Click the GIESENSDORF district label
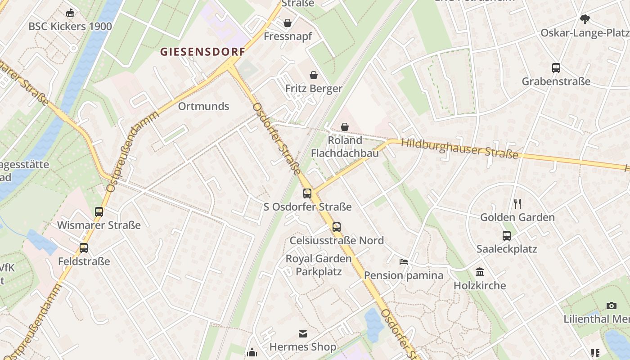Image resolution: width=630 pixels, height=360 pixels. point(203,52)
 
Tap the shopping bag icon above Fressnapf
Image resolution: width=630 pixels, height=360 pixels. point(288,23)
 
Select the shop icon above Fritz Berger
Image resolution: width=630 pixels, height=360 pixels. point(314,75)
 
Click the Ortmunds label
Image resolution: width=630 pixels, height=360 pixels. point(203,106)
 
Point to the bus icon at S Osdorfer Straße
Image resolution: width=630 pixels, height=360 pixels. point(307,193)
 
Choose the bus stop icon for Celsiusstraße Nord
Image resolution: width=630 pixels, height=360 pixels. point(337,227)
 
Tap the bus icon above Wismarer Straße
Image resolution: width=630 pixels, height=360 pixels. point(99,211)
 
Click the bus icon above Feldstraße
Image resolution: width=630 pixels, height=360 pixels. point(84,248)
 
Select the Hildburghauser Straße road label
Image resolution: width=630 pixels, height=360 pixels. point(459,148)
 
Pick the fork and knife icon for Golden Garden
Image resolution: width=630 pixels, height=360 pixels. point(517,204)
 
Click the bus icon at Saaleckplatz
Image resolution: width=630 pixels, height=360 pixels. point(507,235)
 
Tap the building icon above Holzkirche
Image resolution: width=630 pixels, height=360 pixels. point(480,272)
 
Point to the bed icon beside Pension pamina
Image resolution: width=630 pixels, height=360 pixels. point(404,262)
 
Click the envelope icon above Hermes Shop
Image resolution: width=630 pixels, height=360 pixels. point(303,334)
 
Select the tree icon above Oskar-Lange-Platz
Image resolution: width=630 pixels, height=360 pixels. point(585,19)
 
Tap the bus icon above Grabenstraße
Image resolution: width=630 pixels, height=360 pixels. point(556,68)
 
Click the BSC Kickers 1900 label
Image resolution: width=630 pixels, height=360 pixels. point(70,26)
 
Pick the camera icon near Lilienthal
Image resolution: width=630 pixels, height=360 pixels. point(611,306)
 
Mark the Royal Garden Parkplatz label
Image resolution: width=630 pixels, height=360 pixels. point(319,265)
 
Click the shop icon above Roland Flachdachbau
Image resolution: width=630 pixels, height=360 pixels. point(345,127)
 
